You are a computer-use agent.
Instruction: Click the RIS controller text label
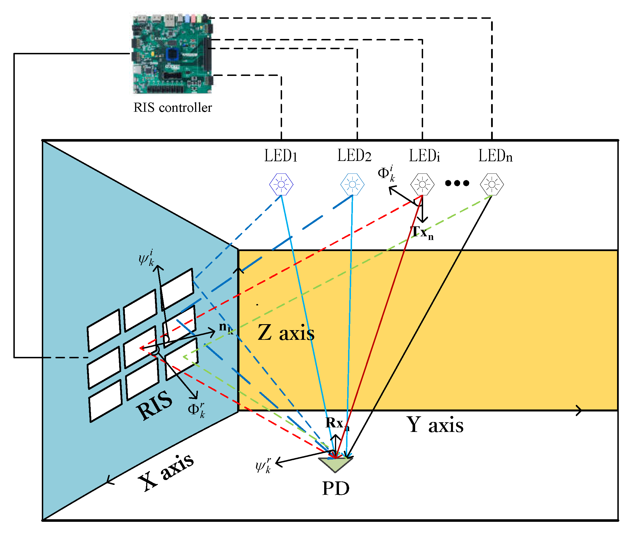[172, 107]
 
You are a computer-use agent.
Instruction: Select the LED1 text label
[281, 156]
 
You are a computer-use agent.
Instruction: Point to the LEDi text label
[424, 156]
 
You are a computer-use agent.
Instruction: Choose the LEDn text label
[495, 156]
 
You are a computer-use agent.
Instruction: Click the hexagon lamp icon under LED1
[281, 184]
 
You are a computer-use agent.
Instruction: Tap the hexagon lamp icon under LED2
[352, 184]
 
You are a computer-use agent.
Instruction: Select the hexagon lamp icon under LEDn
[492, 184]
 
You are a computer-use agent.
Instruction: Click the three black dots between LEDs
[457, 183]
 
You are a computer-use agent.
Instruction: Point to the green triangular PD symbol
[336, 464]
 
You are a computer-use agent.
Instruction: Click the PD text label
[336, 489]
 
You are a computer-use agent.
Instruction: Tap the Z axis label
[286, 333]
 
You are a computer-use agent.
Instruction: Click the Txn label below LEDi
[422, 233]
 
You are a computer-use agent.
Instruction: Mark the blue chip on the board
[172, 54]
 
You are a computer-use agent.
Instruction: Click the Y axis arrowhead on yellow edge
[579, 410]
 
